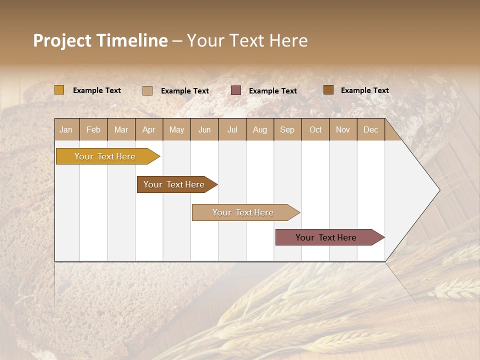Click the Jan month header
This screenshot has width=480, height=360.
[x=66, y=129]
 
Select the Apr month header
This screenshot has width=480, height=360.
[x=148, y=129]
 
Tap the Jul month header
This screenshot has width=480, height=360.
[x=232, y=129]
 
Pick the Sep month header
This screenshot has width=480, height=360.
[x=287, y=129]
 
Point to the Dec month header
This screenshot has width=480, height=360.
[x=370, y=129]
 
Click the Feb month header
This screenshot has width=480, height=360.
[x=93, y=129]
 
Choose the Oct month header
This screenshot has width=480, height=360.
[x=315, y=129]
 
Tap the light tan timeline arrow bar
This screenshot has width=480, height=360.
[x=243, y=212]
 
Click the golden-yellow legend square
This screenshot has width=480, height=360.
[x=59, y=90]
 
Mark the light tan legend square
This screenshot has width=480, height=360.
[x=147, y=90]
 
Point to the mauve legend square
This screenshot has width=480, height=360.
[x=236, y=90]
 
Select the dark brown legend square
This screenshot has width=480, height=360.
[x=328, y=90]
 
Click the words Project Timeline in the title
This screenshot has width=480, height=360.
[x=100, y=40]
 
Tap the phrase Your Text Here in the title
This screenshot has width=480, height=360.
[x=247, y=40]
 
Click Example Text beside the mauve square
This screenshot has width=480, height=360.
[x=272, y=91]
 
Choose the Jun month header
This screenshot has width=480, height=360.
[x=204, y=129]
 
